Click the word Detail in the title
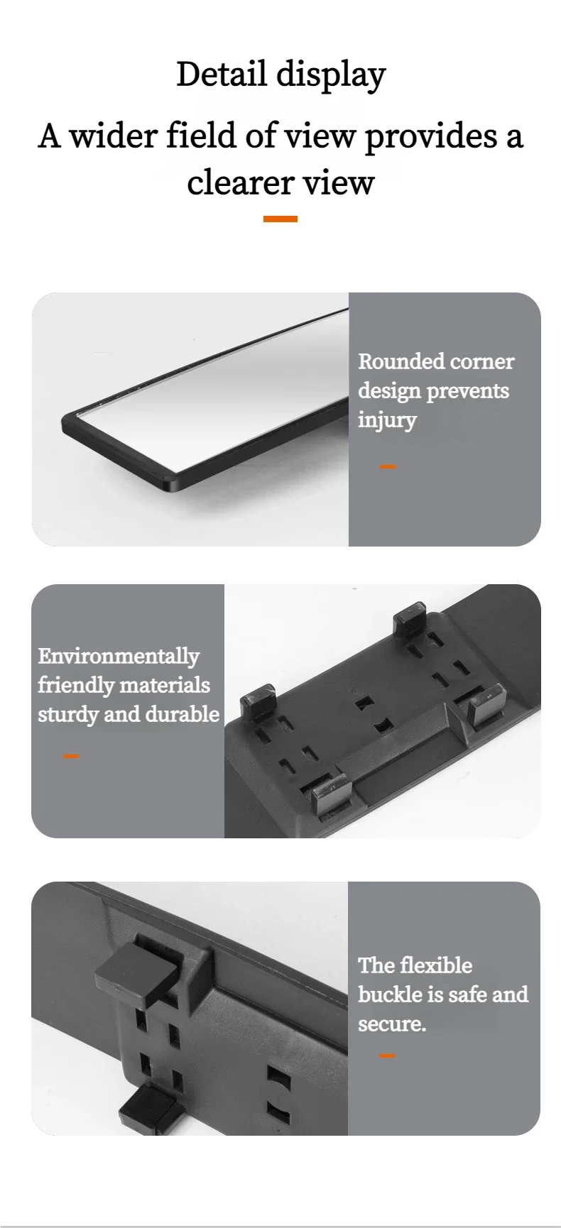point(222,74)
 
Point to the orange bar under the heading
point(280,219)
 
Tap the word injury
point(387,420)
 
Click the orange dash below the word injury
point(388,466)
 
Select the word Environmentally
point(119,657)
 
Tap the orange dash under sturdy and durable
point(71,756)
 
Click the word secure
point(392,1024)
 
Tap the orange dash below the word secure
point(387,1056)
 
